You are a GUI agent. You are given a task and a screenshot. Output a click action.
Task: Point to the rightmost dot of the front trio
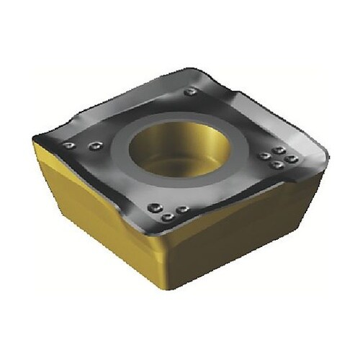(x=183, y=209)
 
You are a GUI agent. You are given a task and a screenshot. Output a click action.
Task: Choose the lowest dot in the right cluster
(x=277, y=165)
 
